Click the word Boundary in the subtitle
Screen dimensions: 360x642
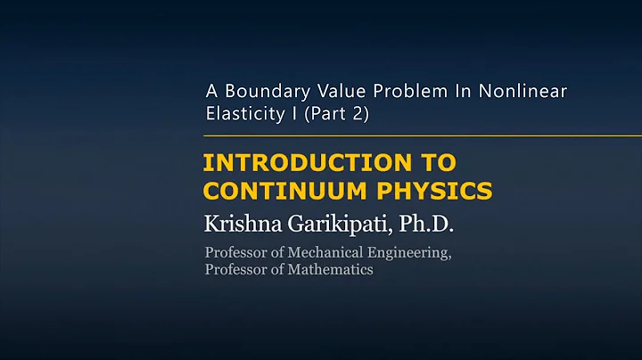pyautogui.click(x=267, y=91)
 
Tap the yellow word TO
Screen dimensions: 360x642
pyautogui.click(x=439, y=162)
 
